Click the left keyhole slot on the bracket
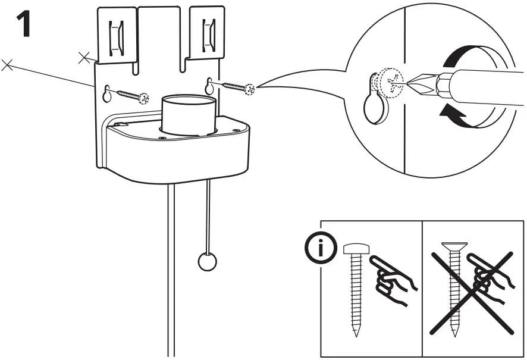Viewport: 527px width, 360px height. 107,93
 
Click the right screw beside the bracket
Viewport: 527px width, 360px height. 238,87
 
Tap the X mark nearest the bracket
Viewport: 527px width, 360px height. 84,57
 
